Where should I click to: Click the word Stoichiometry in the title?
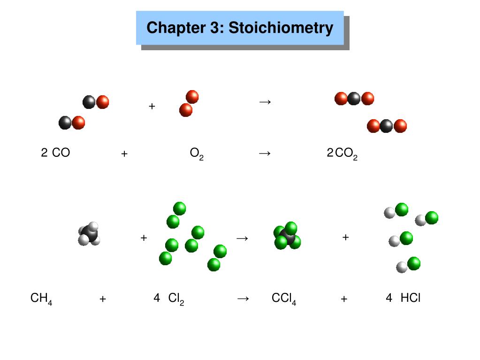point(281,28)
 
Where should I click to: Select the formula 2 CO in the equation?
point(55,153)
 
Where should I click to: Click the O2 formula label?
point(197,154)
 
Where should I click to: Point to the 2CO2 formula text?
point(342,154)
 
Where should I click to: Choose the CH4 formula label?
point(41,299)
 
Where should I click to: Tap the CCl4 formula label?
point(284,299)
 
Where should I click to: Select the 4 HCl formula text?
point(403,298)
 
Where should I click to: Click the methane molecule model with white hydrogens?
point(89,234)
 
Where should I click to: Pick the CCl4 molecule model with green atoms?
point(287,236)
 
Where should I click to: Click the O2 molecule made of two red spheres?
point(189,104)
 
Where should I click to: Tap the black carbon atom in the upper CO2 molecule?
point(354,99)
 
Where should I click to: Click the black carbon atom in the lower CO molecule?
point(65,123)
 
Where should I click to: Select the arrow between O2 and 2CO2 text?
point(265,153)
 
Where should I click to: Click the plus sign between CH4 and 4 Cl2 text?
point(103,299)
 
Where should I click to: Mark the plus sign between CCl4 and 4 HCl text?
point(344,299)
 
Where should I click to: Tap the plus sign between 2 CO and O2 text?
point(124,153)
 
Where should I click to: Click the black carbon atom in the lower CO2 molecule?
point(386,126)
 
